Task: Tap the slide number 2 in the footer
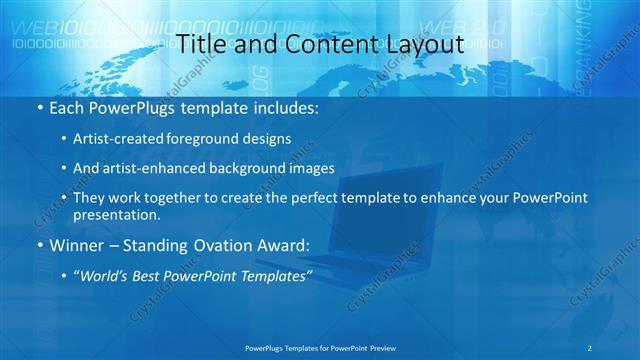point(591,347)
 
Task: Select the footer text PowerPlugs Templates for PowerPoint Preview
point(319,347)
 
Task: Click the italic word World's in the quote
point(102,275)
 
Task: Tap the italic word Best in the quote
point(144,275)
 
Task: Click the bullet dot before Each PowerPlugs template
point(38,106)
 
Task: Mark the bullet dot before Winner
point(38,245)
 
